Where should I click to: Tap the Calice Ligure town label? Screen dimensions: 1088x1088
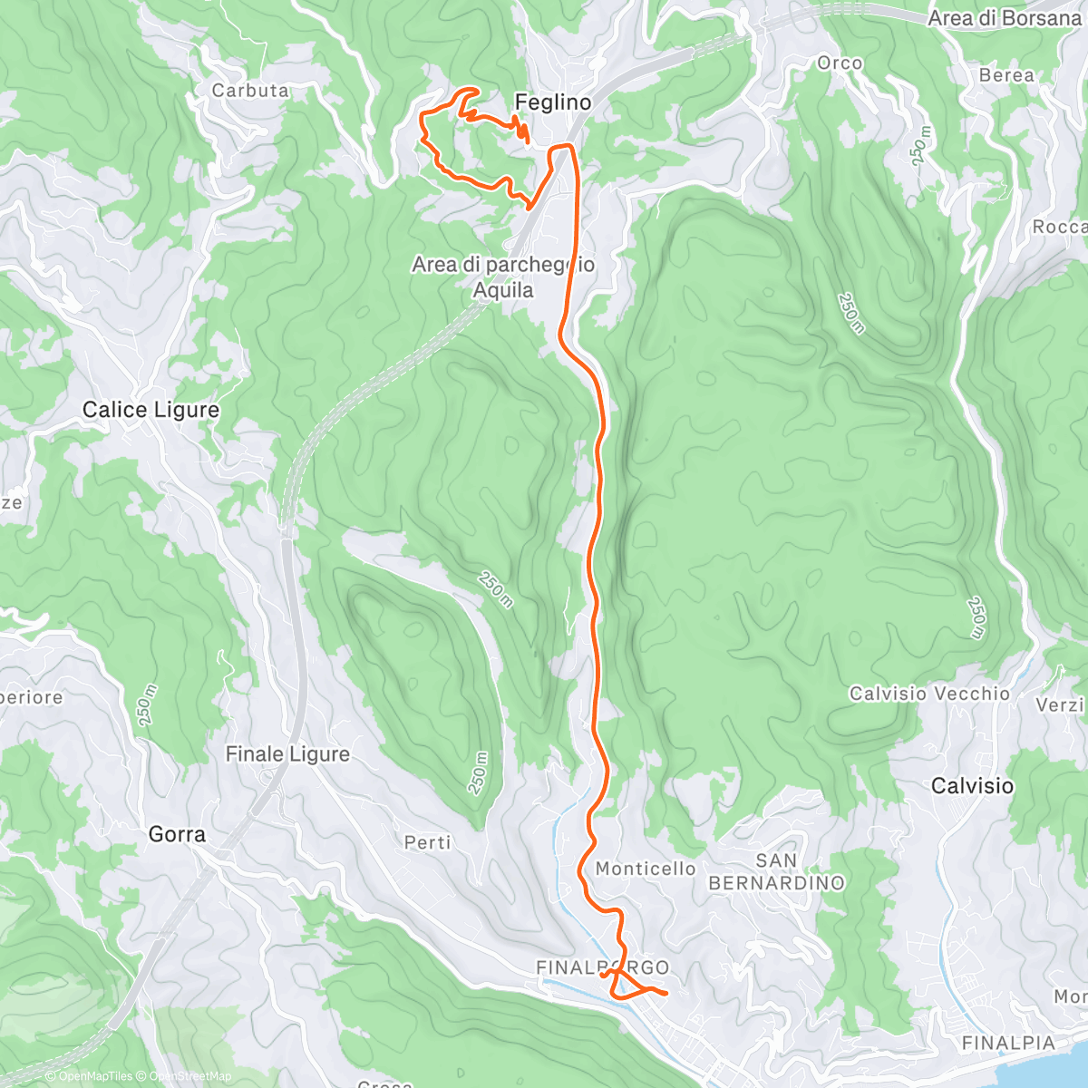[151, 410]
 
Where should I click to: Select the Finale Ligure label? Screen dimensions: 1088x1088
[287, 754]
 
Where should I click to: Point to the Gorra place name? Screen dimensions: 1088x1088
[177, 834]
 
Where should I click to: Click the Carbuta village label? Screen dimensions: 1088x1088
[250, 91]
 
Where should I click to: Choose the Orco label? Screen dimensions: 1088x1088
[840, 63]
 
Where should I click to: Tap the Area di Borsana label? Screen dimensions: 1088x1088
[1005, 18]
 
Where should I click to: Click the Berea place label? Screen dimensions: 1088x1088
[1006, 75]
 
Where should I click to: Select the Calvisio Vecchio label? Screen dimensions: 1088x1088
[929, 694]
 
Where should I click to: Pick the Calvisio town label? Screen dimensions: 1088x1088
[972, 785]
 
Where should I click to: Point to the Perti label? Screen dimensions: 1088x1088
[428, 843]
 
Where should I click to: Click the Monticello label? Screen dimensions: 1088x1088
[646, 869]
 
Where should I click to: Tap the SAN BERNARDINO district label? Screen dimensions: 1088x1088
[776, 871]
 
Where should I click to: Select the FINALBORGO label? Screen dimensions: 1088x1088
[602, 967]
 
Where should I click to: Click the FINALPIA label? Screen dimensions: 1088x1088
[1008, 1044]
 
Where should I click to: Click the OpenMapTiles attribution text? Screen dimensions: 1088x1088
[93, 1076]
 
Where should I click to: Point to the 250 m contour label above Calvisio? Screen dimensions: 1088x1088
[976, 617]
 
